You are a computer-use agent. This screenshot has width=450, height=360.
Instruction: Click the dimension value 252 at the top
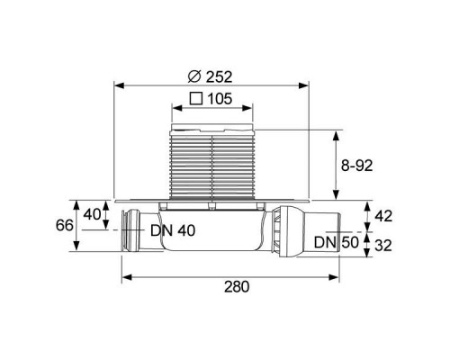[x=219, y=77]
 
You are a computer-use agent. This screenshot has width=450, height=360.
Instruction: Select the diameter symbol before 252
[x=194, y=77]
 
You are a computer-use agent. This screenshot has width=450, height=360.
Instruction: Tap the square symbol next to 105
[x=196, y=98]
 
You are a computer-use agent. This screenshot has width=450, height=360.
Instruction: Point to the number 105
[x=220, y=99]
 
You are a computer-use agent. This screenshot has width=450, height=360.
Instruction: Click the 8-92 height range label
[x=357, y=166]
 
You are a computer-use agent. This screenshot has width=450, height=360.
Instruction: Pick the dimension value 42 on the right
[x=383, y=216]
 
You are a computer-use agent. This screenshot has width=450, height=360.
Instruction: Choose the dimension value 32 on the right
[x=383, y=246]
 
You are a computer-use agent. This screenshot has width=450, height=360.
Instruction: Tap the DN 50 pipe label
[x=337, y=242]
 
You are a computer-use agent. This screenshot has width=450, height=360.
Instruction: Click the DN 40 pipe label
[x=173, y=230]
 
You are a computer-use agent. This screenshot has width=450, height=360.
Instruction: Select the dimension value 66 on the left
[x=65, y=225]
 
